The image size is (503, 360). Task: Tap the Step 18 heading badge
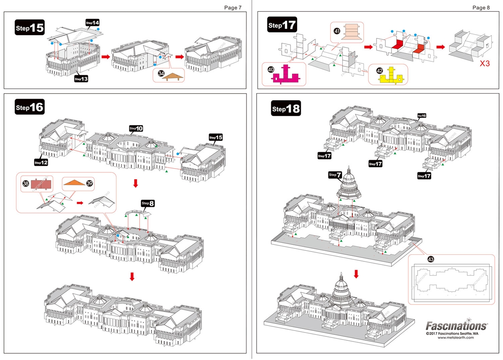pos(286,109)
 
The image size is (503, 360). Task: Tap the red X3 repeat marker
pos(485,63)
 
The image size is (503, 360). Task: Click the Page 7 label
pos(233,7)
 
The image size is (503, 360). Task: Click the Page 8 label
pos(481,7)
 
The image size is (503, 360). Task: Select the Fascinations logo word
pos(456,326)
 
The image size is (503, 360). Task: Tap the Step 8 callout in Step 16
pos(148,203)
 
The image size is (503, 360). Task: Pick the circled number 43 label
pos(431,259)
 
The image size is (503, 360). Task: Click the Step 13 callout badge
pos(81,79)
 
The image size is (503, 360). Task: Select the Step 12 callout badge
pos(41,162)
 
